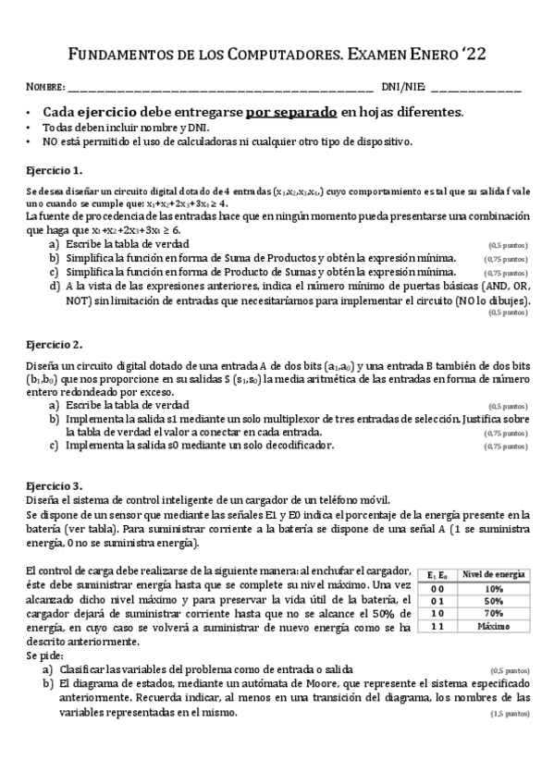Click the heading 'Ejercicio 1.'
coord(55,170)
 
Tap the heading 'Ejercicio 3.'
coord(55,484)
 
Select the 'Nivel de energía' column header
coord(495,575)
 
